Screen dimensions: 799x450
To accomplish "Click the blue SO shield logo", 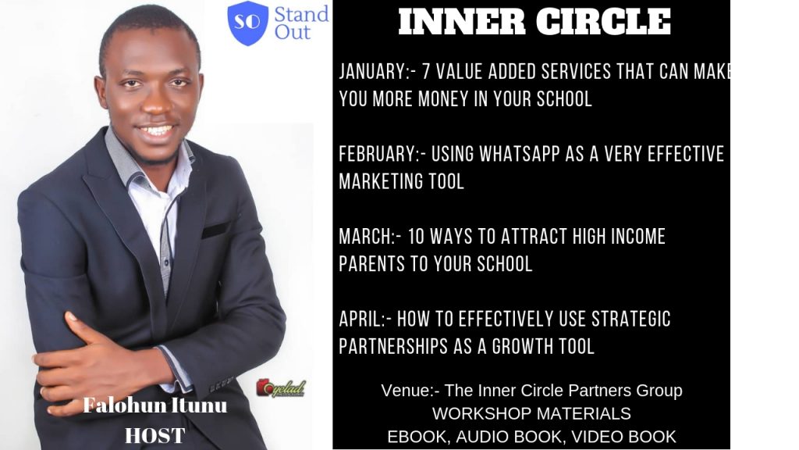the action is pos(247,23).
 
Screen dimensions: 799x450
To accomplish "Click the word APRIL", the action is pos(360,320).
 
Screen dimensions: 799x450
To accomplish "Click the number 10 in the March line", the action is pos(417,237).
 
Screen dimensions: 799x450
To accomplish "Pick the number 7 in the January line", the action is pos(427,71).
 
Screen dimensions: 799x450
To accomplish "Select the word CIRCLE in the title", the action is pos(603,22).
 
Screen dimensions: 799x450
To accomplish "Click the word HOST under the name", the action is pos(155,436).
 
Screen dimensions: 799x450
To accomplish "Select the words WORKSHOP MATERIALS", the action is pos(531,413).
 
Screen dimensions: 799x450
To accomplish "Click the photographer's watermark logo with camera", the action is pos(281,388).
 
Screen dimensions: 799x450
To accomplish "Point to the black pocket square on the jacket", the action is pos(216,230).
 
